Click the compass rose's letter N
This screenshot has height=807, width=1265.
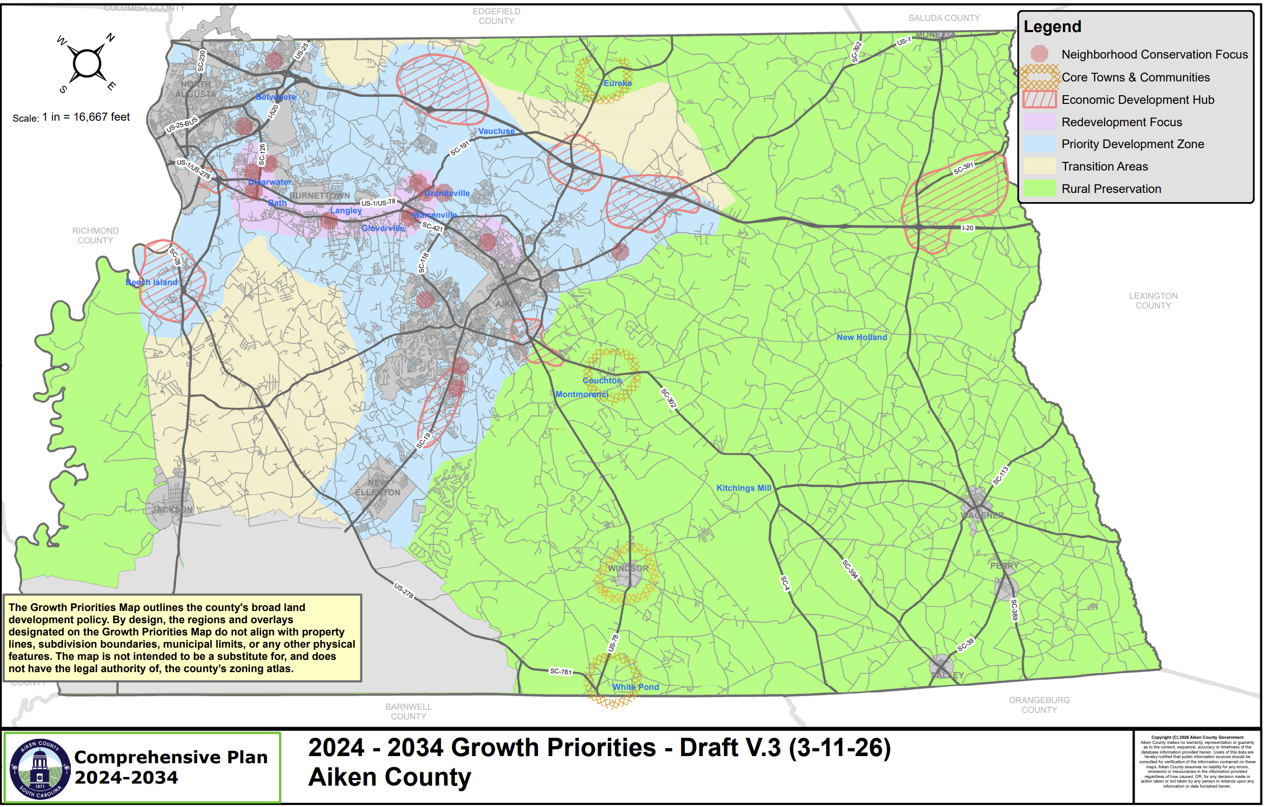[x=110, y=37]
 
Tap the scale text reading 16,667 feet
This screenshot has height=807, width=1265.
[x=101, y=117]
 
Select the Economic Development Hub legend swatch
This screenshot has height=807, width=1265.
[x=1039, y=100]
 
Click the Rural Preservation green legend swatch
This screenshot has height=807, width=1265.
[x=1039, y=188]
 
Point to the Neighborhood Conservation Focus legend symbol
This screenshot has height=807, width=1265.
[x=1039, y=53]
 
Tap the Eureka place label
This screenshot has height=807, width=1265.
[x=617, y=83]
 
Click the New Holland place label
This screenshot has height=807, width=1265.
[x=861, y=337]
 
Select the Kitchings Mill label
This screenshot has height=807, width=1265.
[x=743, y=488]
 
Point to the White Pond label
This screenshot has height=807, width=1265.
[x=636, y=687]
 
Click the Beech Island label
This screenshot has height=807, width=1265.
[x=151, y=283]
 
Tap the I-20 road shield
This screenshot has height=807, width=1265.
[x=967, y=228]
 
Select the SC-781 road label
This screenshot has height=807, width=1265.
[x=560, y=672]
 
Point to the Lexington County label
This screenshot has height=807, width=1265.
[x=1153, y=301]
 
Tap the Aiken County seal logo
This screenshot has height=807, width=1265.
[x=40, y=769]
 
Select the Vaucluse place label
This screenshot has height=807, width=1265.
[x=496, y=131]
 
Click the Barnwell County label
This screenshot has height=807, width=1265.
[x=408, y=712]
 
